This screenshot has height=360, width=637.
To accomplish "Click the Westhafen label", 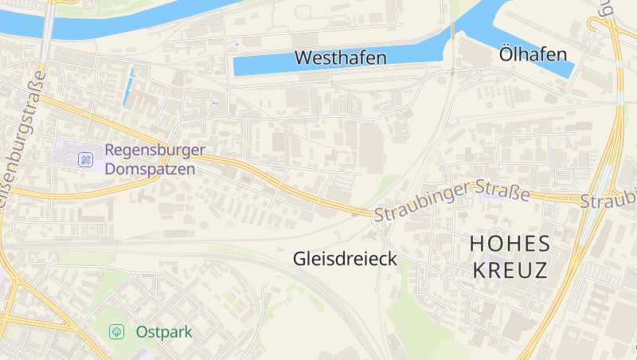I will pos(340,57).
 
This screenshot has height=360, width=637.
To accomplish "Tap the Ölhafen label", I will pos(533,54).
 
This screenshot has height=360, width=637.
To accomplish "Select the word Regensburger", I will pos(154,150).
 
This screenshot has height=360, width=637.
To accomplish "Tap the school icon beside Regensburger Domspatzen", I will pos(85,159).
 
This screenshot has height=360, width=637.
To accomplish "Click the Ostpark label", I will pos(163,331).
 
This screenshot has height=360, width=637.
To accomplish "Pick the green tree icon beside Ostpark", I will pos(117,331).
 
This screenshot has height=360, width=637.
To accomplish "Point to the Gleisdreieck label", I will pos(345,259).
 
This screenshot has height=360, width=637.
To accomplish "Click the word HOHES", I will pos(510,243).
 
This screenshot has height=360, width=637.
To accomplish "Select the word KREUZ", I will pos(510,270).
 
